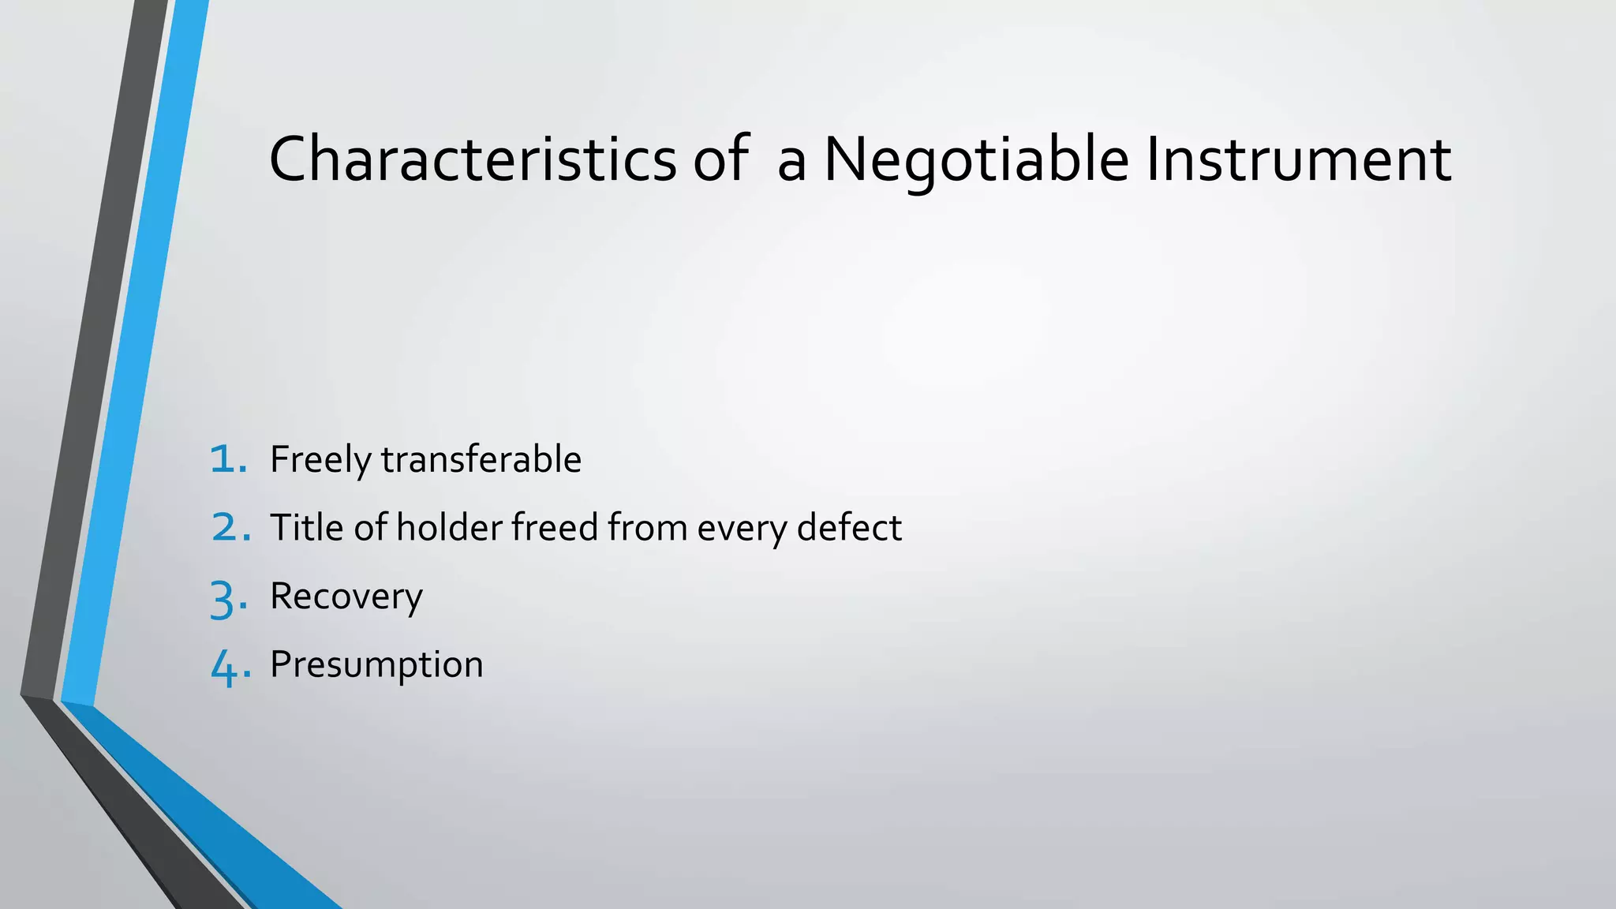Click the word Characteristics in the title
pos(472,159)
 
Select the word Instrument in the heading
pos(1297,159)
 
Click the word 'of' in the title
pos(719,159)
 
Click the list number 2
pos(229,528)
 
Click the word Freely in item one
pos(320,460)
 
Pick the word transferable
pos(481,459)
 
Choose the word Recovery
pos(346,597)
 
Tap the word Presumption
pos(376,665)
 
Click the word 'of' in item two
pos(370,528)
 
